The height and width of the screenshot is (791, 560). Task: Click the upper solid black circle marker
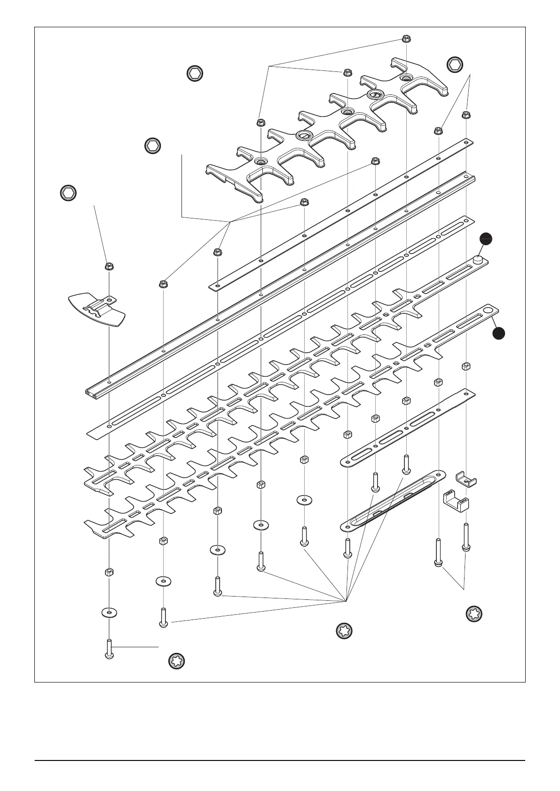click(486, 239)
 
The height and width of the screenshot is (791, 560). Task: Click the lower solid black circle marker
click(499, 333)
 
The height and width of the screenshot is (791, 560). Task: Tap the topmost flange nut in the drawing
click(406, 38)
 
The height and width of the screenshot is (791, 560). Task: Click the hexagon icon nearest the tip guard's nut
click(69, 193)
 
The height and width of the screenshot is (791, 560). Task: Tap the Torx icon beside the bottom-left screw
click(177, 661)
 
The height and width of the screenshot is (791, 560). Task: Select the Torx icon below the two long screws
click(474, 614)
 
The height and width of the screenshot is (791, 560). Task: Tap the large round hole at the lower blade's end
click(489, 310)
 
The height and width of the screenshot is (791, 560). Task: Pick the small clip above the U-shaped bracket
click(466, 479)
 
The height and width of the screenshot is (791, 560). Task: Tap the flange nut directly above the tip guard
click(109, 267)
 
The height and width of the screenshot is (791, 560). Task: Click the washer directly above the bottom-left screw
click(109, 613)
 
